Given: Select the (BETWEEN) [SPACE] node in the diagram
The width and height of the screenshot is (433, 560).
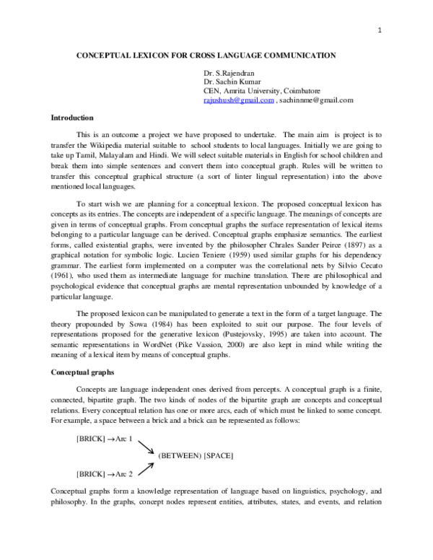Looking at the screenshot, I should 196,456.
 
